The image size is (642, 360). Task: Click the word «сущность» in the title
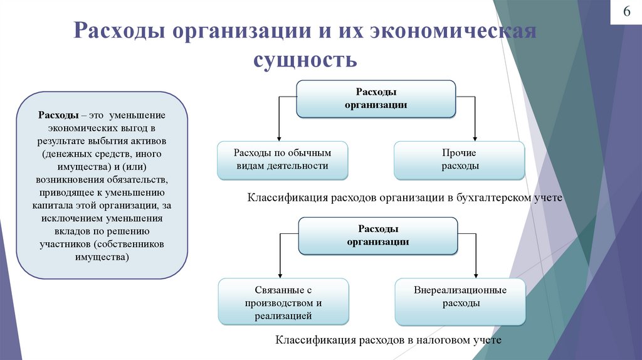pos(305,60)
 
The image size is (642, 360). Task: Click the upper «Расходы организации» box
pos(376,98)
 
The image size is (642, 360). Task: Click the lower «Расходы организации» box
pos(378,235)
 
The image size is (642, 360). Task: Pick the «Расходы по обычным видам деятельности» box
pos(282,160)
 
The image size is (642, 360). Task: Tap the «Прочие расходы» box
pos(459,160)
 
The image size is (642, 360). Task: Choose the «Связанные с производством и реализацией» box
pos(283,303)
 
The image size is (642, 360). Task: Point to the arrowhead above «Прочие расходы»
pos(476,137)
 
